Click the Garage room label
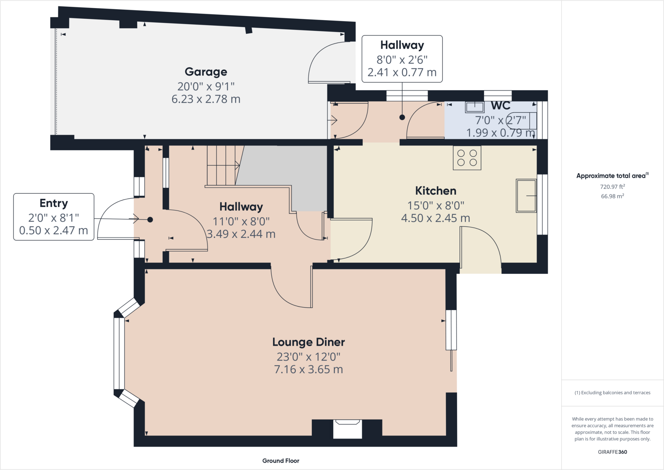(x=206, y=72)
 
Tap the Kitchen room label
(x=436, y=191)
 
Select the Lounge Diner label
(x=309, y=342)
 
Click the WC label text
(x=501, y=105)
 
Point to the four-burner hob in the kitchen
(x=467, y=158)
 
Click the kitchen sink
(x=526, y=196)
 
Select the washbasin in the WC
(x=475, y=107)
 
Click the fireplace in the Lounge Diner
(x=347, y=429)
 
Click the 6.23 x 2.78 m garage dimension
(x=206, y=99)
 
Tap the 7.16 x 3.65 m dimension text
(x=309, y=369)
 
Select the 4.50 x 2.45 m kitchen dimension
(x=436, y=218)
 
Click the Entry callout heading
(x=54, y=203)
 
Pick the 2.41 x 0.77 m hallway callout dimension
(x=402, y=72)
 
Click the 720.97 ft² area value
(x=612, y=187)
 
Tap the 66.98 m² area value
(x=612, y=196)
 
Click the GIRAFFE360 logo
(x=612, y=452)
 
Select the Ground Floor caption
(x=281, y=461)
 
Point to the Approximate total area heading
(x=612, y=175)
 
